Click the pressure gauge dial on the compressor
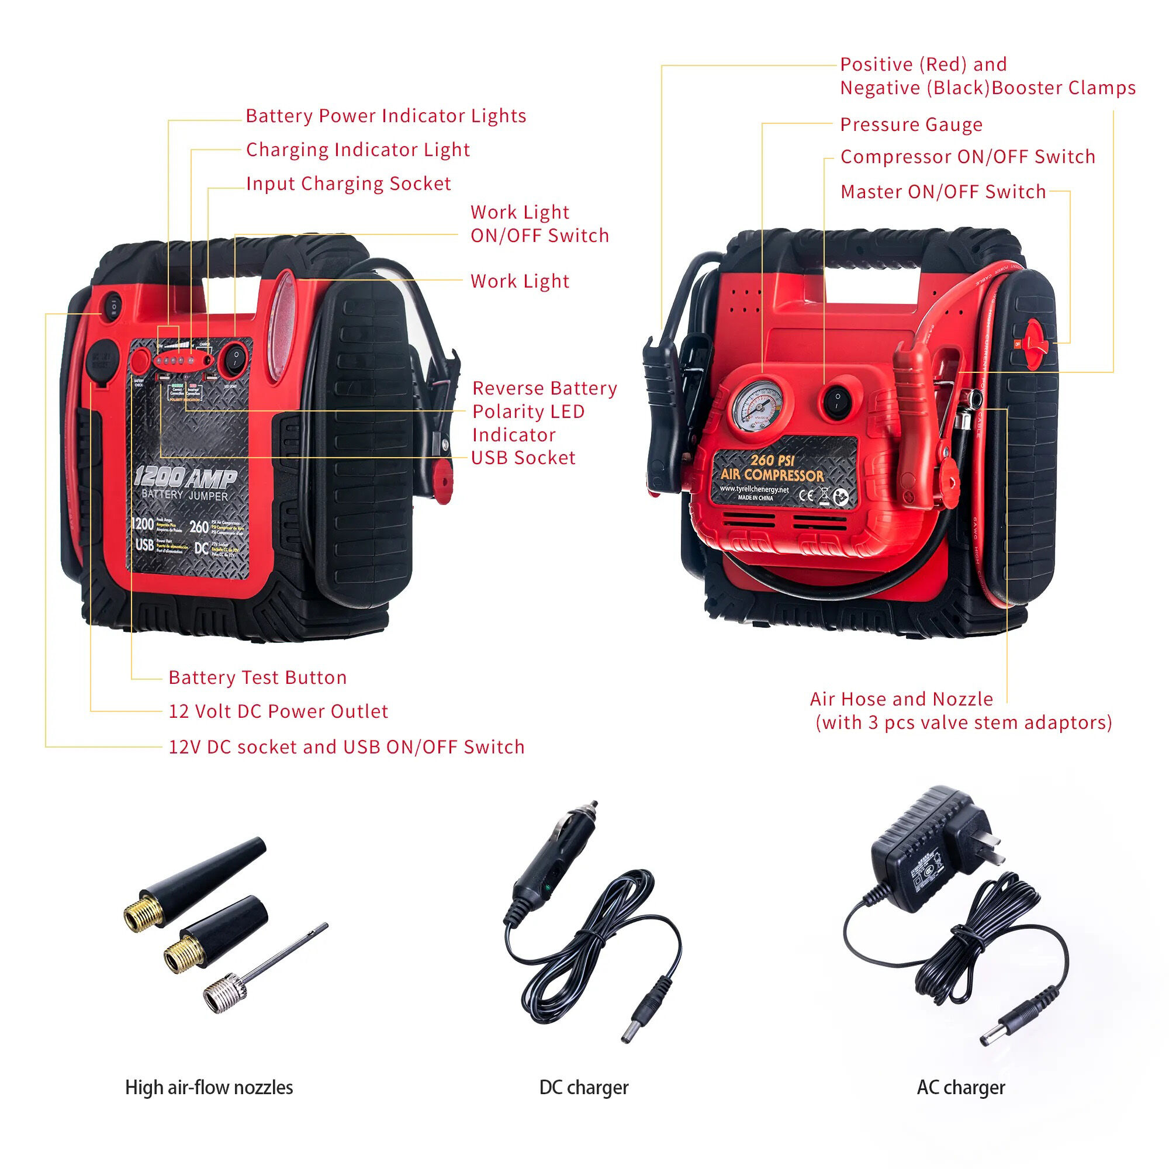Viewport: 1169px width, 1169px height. [x=757, y=404]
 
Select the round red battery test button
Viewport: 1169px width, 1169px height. [x=140, y=361]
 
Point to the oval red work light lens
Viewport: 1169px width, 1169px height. [x=282, y=327]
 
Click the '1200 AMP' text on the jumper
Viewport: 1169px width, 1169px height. [x=185, y=478]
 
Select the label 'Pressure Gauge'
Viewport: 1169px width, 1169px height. [x=911, y=124]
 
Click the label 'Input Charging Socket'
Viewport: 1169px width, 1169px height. [x=348, y=184]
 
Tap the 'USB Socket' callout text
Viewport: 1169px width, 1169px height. [x=523, y=458]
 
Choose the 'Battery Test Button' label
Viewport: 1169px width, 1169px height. [x=257, y=677]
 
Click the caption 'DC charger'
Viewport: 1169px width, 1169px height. [x=583, y=1104]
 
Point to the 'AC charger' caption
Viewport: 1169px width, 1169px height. [x=960, y=1104]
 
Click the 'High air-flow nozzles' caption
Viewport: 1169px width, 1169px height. [x=209, y=1104]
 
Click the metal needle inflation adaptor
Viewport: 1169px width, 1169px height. [x=266, y=967]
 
